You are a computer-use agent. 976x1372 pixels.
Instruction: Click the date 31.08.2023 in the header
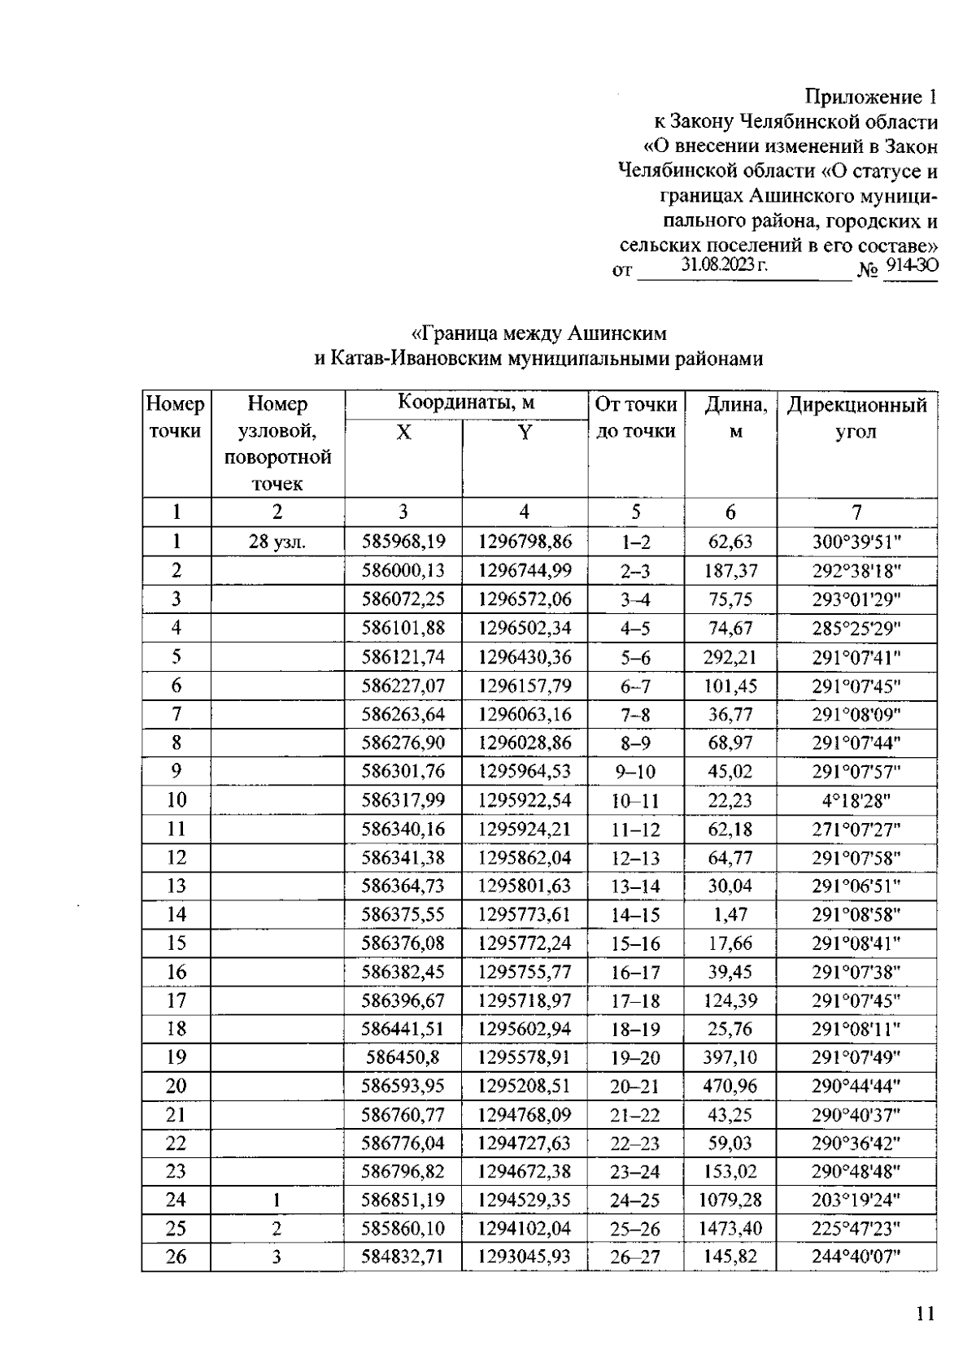[724, 265]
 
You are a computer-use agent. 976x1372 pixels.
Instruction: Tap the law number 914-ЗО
[911, 265]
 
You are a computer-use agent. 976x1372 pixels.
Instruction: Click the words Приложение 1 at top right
[870, 98]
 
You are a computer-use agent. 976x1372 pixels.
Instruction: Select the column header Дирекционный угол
[856, 417]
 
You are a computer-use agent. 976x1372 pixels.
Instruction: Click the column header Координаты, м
[465, 403]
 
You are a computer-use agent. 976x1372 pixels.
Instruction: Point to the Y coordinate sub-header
[525, 433]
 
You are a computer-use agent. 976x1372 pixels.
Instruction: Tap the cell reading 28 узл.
[277, 542]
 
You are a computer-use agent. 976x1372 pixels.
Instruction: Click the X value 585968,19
[403, 542]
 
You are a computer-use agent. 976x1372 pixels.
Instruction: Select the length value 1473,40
[730, 1228]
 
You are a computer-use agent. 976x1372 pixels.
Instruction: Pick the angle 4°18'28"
[856, 800]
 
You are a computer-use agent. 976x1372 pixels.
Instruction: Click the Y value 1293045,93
[525, 1257]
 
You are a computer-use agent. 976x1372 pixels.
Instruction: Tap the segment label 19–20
[635, 1057]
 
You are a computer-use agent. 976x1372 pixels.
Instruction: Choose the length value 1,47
[730, 914]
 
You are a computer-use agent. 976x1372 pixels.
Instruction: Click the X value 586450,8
[403, 1057]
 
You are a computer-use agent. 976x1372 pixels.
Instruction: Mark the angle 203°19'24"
[856, 1200]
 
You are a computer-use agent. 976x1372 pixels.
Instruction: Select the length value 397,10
[730, 1057]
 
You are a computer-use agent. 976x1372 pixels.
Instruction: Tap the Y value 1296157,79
[525, 686]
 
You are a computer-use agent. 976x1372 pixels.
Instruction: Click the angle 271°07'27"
[856, 830]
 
